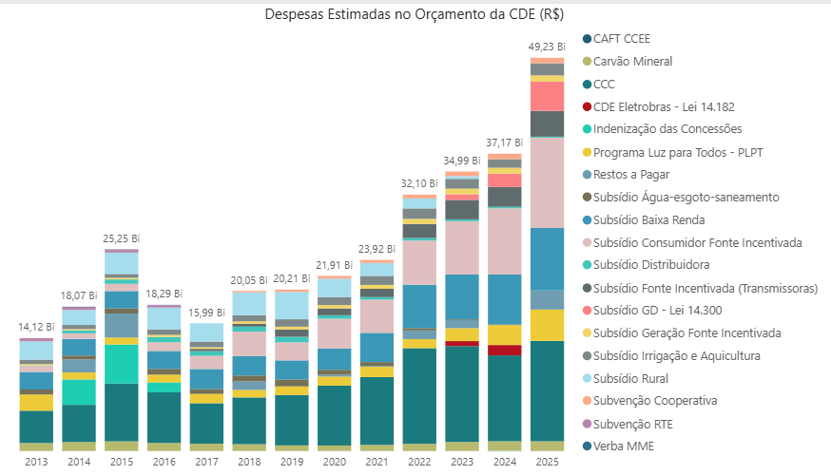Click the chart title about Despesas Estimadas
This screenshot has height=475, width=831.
(415, 14)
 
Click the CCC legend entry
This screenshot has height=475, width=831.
(604, 84)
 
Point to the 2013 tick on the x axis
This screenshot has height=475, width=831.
(36, 462)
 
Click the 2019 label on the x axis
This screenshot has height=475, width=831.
(292, 462)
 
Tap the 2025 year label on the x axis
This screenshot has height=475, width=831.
(548, 462)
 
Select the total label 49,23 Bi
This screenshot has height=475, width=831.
(548, 47)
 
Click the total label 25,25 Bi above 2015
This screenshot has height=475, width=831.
(122, 238)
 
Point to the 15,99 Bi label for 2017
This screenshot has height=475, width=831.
(207, 313)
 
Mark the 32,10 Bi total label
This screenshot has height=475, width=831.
(419, 183)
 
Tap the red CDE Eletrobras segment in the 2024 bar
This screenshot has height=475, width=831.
(505, 350)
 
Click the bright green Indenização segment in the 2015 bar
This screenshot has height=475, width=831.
(122, 364)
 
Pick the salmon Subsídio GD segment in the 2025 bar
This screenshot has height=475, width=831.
(548, 97)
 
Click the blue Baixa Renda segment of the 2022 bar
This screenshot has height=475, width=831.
(419, 306)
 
